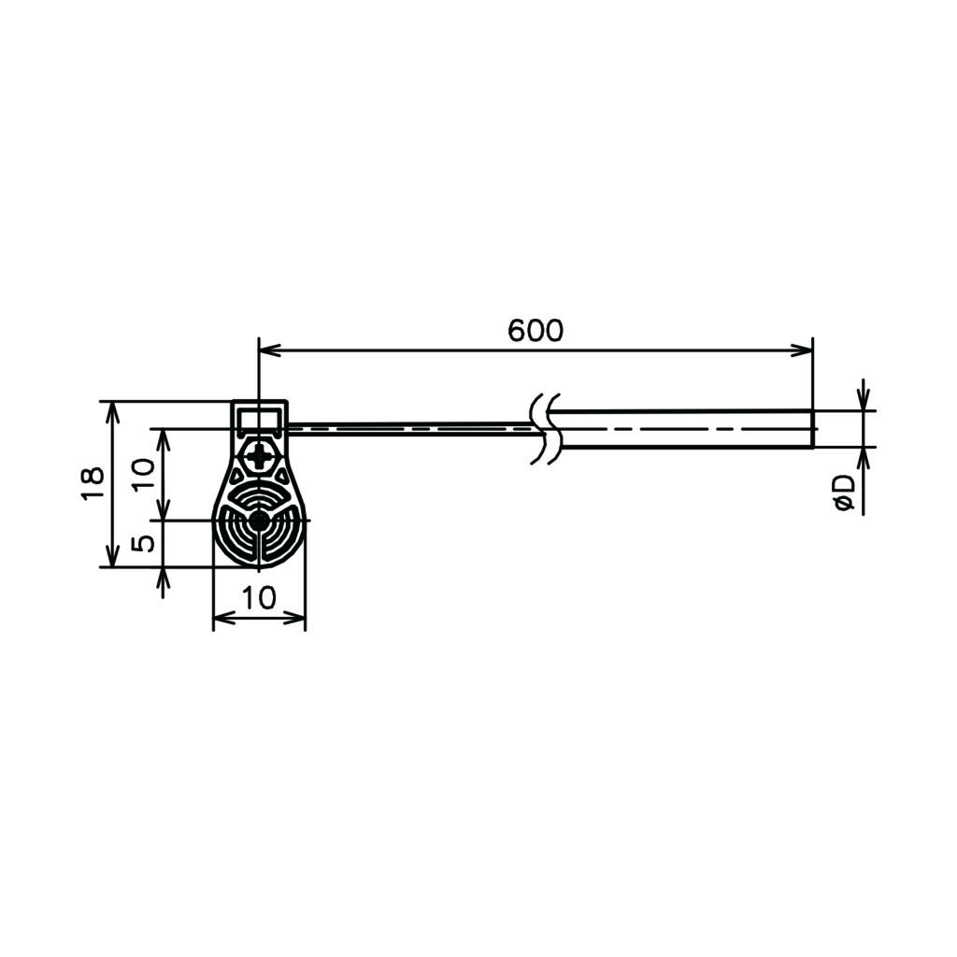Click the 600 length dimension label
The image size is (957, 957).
[536, 330]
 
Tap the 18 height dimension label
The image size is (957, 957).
[93, 484]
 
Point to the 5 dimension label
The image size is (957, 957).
[143, 544]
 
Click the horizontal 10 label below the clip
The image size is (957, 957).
[260, 598]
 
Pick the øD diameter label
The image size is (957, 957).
[845, 494]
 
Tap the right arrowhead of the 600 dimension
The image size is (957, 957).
[802, 350]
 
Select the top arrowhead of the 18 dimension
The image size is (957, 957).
[112, 412]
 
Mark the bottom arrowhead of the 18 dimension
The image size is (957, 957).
[112, 556]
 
